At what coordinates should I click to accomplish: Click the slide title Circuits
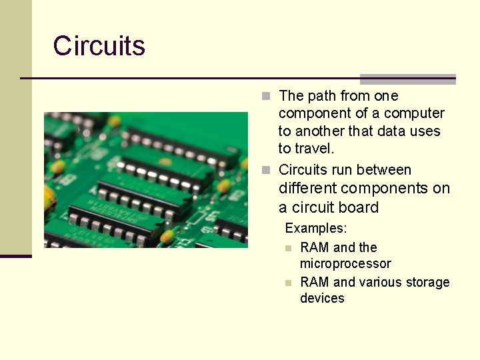pyautogui.click(x=99, y=46)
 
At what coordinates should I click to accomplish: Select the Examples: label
pyautogui.click(x=316, y=228)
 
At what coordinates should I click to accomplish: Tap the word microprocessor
pyautogui.click(x=345, y=264)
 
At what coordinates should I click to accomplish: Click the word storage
pyautogui.click(x=427, y=282)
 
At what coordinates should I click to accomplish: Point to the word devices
pyautogui.click(x=322, y=298)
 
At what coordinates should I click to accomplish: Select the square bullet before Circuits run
pyautogui.click(x=266, y=170)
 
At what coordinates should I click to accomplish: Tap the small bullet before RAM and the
pyautogui.click(x=288, y=248)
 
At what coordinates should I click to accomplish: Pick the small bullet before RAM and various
pyautogui.click(x=288, y=283)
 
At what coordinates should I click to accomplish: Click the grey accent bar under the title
pyautogui.click(x=407, y=79)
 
